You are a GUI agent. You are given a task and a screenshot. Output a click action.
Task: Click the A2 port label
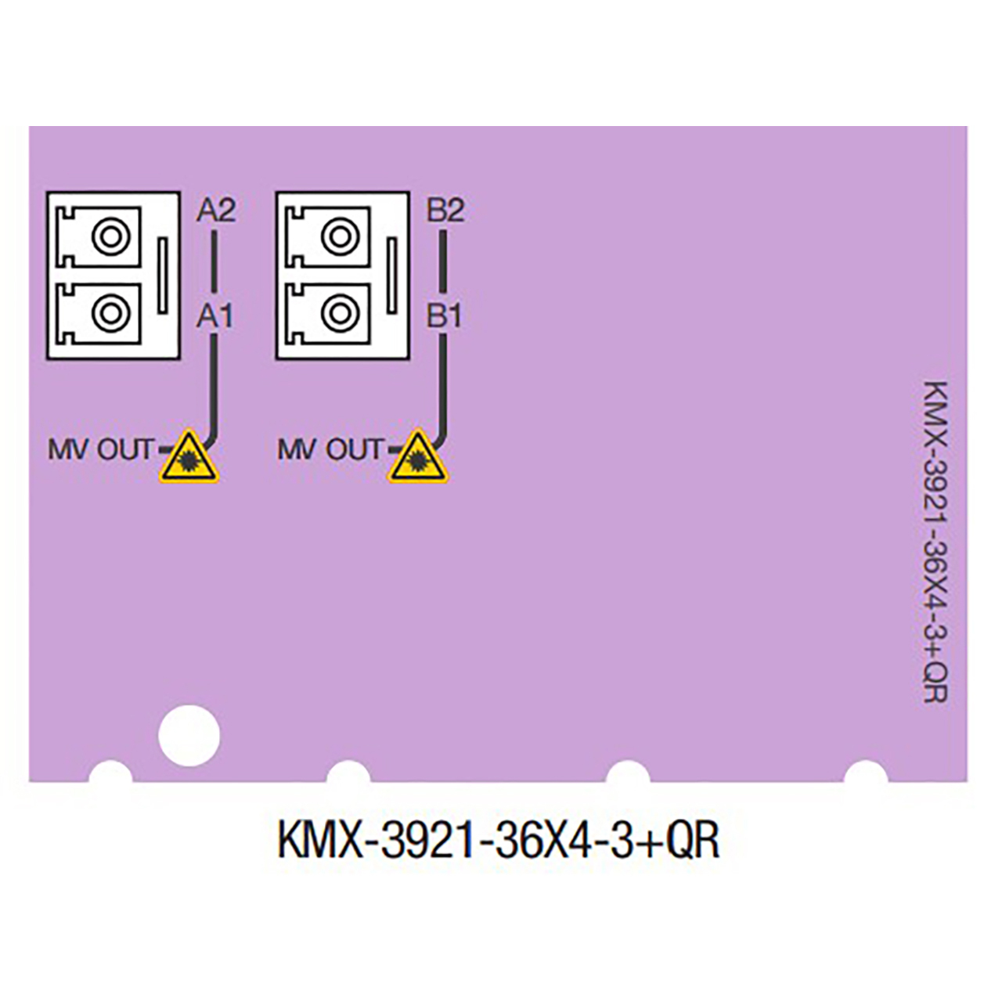(215, 210)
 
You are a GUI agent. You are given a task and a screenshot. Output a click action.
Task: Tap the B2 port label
(445, 210)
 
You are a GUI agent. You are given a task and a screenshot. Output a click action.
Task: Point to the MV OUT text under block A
(101, 450)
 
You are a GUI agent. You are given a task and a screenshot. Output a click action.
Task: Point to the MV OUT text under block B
(330, 450)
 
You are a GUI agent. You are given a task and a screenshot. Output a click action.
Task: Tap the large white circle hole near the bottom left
(189, 735)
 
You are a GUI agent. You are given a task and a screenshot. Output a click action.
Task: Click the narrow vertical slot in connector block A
(163, 276)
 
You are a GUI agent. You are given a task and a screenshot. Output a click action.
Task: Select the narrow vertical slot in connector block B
(392, 276)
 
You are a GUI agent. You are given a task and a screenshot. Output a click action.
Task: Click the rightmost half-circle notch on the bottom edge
(865, 773)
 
